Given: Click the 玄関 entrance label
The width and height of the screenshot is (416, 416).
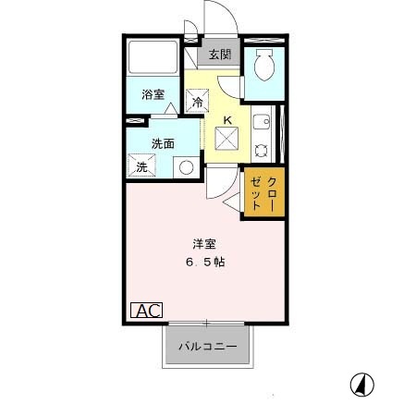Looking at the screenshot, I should pyautogui.click(x=219, y=55).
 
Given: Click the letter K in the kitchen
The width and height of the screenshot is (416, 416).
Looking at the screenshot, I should pyautogui.click(x=226, y=118).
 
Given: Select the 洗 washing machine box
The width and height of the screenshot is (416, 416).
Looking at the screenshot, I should pyautogui.click(x=143, y=167).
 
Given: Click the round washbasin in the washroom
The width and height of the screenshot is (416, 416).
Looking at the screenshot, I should pyautogui.click(x=186, y=168).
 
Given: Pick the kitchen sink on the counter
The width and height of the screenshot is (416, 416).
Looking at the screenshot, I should pyautogui.click(x=262, y=120).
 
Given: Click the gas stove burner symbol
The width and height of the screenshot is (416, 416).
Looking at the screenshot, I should pyautogui.click(x=262, y=151).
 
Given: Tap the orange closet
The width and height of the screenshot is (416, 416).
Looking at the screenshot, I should pyautogui.click(x=263, y=192).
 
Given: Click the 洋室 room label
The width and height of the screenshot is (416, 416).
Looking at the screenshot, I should pyautogui.click(x=205, y=243).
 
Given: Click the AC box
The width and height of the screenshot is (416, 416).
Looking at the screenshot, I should pyautogui.click(x=147, y=311).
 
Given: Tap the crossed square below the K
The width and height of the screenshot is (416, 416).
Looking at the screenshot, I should pyautogui.click(x=227, y=140).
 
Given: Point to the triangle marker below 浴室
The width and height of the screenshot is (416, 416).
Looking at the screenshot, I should pyautogui.click(x=172, y=110).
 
